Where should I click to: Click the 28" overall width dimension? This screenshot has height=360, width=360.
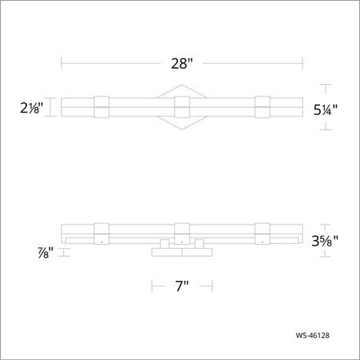181,64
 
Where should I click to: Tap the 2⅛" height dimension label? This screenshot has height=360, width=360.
32,109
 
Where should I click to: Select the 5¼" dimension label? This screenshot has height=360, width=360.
325,109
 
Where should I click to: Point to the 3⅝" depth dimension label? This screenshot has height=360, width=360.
325,241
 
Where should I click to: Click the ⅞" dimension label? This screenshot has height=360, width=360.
46,253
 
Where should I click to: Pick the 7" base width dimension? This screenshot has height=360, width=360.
182,287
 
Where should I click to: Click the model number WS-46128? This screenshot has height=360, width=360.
313,336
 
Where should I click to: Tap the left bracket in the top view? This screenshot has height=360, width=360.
101,107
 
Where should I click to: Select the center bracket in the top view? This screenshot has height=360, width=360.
182,107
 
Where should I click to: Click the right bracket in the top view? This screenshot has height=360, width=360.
263,107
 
